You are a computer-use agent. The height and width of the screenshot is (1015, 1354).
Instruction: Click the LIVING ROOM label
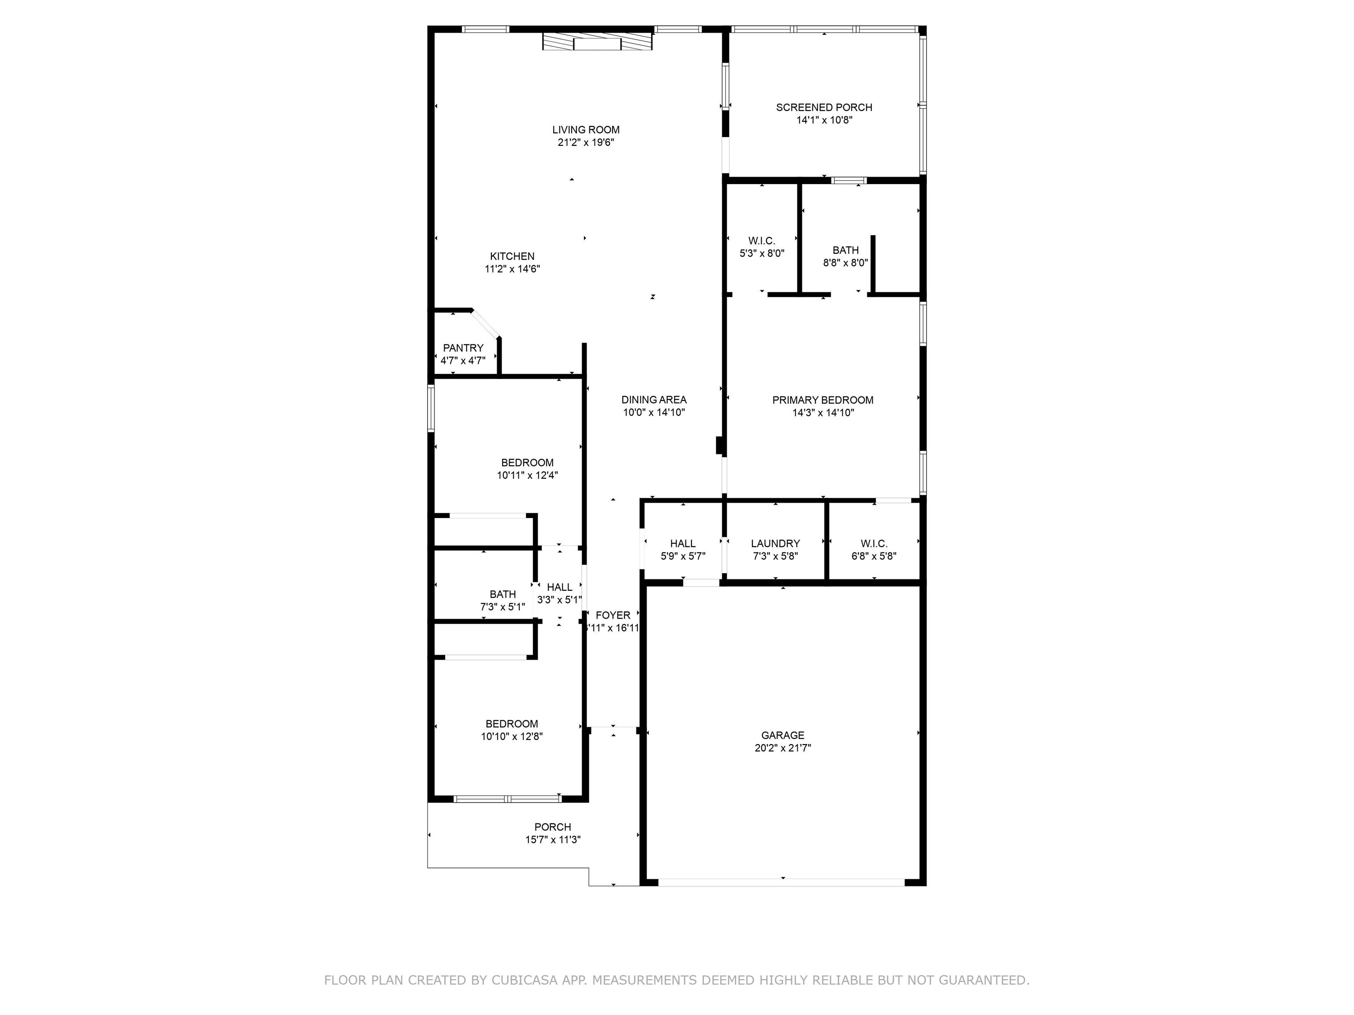(x=586, y=130)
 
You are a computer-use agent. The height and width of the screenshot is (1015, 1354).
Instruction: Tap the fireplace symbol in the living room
(x=597, y=41)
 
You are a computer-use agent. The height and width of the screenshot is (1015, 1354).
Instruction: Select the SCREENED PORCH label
(x=824, y=107)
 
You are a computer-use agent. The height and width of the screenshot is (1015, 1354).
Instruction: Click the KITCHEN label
(x=512, y=256)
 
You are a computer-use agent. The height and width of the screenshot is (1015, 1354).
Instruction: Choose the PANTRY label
(x=463, y=348)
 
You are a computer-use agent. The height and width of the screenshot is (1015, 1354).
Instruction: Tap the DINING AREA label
(x=654, y=400)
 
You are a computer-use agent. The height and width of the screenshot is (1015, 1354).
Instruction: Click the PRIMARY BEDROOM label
(x=823, y=400)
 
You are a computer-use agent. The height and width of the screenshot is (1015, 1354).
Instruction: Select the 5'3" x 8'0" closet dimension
(x=762, y=253)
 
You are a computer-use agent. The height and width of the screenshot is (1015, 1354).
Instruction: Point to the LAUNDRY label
(x=776, y=543)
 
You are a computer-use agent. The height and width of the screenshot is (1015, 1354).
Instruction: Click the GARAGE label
(x=783, y=735)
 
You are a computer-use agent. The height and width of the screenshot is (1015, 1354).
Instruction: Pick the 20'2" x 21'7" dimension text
(x=783, y=748)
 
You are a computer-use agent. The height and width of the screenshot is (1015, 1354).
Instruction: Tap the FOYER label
(x=613, y=615)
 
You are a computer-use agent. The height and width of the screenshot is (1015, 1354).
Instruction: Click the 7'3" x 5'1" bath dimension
(x=502, y=607)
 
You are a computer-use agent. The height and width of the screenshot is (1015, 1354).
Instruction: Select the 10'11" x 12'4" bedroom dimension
(x=527, y=475)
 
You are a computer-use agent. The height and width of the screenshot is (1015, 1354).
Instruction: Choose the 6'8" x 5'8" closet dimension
(x=874, y=556)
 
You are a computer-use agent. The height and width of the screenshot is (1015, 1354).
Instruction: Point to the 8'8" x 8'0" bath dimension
(x=845, y=263)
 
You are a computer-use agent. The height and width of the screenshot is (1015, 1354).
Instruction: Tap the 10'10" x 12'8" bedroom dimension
(x=512, y=737)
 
